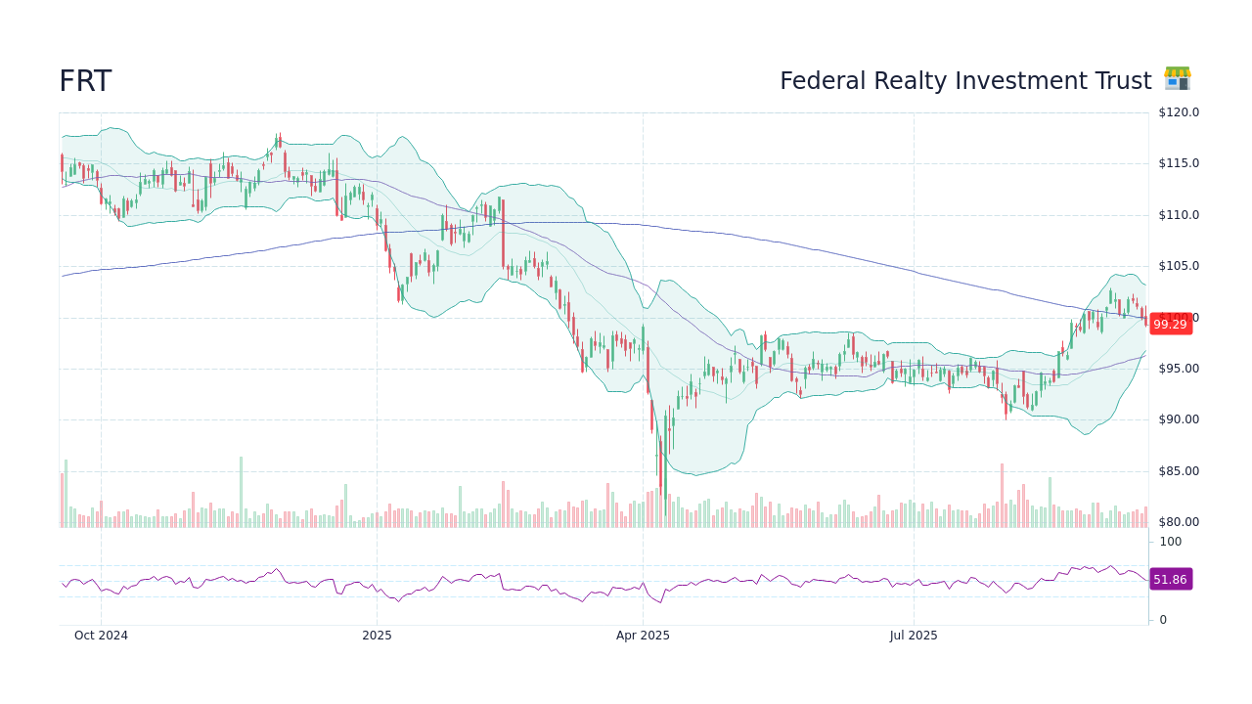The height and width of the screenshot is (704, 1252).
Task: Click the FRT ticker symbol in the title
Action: pos(85,82)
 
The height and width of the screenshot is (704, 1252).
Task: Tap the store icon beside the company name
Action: pos(1177,79)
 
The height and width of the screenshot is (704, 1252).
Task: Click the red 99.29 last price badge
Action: pos(1170,325)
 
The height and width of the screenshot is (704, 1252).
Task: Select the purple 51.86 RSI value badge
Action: pos(1170,580)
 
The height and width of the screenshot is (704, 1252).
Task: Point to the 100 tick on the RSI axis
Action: pos(1170,542)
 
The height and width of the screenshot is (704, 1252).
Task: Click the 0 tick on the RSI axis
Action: pos(1163,620)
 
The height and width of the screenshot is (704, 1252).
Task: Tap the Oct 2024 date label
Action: pos(101,636)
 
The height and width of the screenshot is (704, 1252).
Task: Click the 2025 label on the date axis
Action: pos(377,636)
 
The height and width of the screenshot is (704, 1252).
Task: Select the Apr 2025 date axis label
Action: pos(643,636)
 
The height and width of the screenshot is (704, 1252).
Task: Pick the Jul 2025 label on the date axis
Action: pos(914,636)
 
